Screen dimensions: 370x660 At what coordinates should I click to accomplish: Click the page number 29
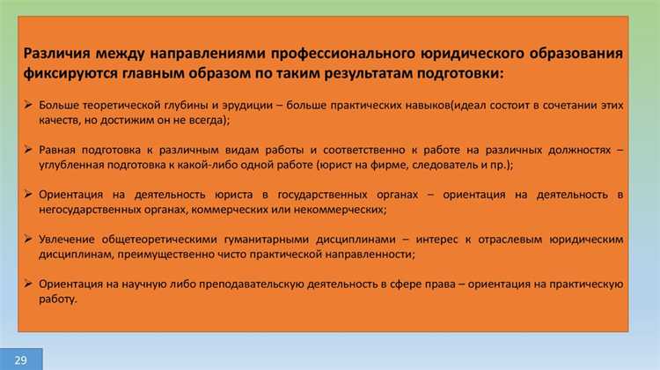pyautogui.click(x=20, y=359)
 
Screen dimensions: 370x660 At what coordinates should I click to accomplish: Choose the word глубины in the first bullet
pyautogui.click(x=164, y=106)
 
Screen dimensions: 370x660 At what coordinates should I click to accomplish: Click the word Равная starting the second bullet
pyautogui.click(x=57, y=150)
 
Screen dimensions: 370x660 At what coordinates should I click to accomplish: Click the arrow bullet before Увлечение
pyautogui.click(x=30, y=239)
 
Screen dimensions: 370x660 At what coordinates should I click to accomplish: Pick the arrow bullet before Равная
pyautogui.click(x=30, y=150)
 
